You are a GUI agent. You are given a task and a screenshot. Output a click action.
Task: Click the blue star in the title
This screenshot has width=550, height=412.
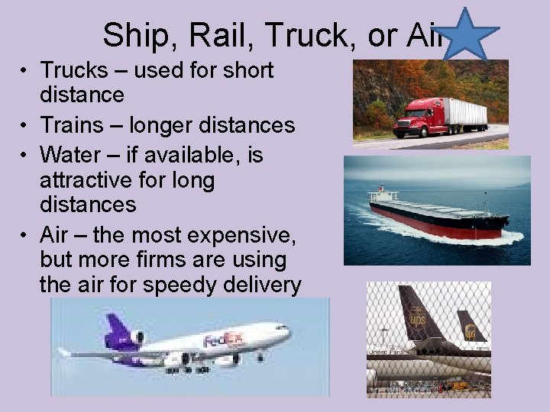(x=470, y=35)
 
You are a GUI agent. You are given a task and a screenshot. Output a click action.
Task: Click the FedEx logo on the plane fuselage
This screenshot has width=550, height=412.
(x=223, y=340)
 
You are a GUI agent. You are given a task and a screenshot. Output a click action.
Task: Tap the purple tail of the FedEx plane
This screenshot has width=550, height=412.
(x=120, y=333)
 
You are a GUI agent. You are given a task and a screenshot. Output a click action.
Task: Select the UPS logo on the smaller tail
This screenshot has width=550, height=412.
(x=471, y=331)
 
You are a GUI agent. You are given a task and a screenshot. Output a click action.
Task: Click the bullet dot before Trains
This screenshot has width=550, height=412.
(x=25, y=126)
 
